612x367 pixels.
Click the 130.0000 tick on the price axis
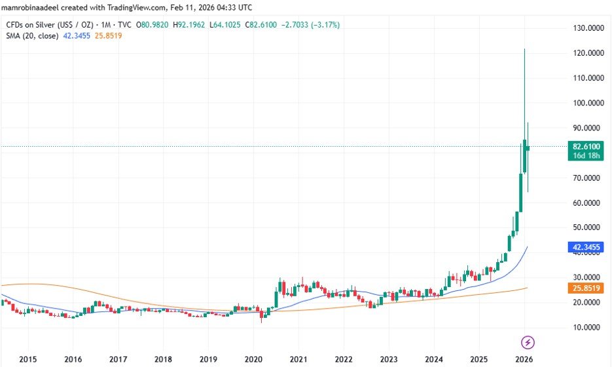586,28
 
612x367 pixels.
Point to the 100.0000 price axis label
586,103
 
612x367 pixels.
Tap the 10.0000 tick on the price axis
586,327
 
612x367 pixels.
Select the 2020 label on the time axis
253,359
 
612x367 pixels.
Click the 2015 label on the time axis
28,359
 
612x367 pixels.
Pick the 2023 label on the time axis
389,359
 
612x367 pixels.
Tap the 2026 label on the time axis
524,359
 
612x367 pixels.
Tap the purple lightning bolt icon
528,342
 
